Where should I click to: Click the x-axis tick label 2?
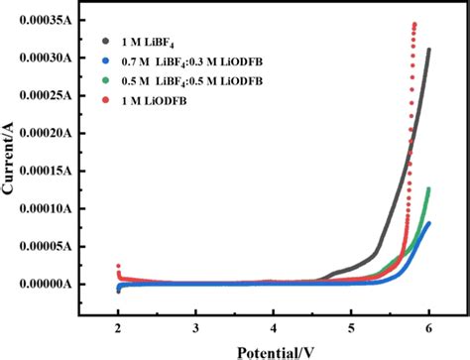(x=119, y=327)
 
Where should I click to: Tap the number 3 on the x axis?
(x=196, y=327)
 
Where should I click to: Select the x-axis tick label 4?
(x=274, y=327)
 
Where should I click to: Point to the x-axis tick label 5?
(x=351, y=327)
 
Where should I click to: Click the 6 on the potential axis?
(x=428, y=327)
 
